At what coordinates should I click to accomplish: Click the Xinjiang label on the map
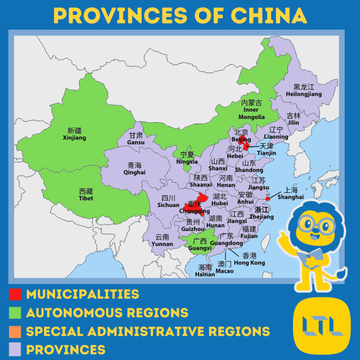(74, 134)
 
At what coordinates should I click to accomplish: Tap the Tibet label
(86, 194)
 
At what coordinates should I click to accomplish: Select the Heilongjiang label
(304, 90)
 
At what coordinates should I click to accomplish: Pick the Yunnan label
(162, 240)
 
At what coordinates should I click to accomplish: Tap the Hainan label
(205, 270)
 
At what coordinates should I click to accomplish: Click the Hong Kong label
(249, 259)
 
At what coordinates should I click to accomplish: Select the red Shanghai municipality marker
(267, 198)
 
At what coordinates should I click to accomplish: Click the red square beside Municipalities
(15, 294)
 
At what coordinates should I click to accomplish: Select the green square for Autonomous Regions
(15, 313)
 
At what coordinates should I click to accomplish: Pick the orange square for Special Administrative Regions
(15, 331)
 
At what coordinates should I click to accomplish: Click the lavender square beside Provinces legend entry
(15, 350)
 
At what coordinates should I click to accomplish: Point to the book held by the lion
(309, 257)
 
